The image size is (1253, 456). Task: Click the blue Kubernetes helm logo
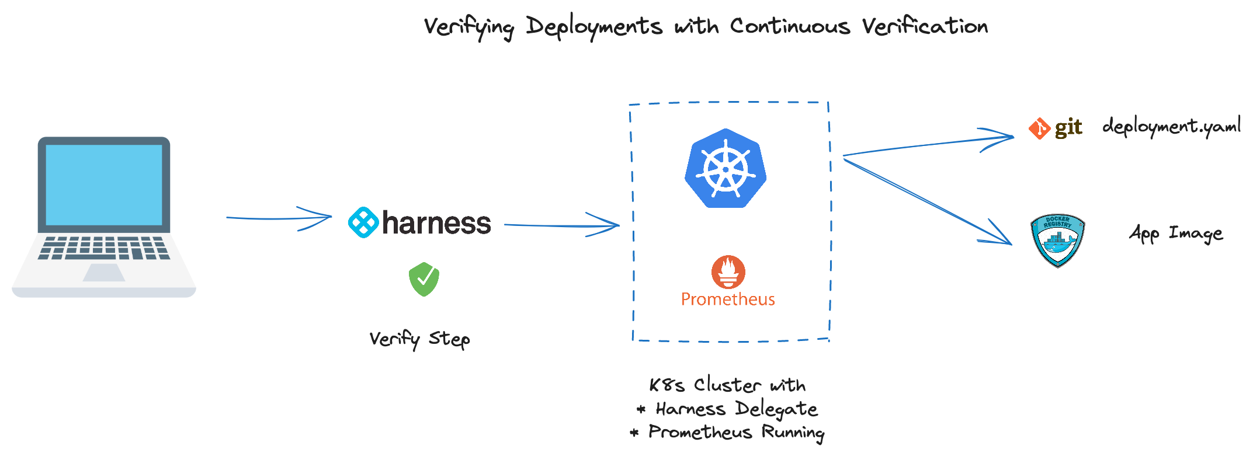(x=726, y=169)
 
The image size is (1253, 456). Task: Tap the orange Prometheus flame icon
(x=728, y=271)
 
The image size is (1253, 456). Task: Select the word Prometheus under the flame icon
(x=728, y=300)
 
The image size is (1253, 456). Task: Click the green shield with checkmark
(x=424, y=279)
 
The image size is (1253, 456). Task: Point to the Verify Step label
(x=419, y=339)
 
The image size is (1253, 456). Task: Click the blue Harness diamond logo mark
(x=363, y=222)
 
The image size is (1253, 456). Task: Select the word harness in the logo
(x=436, y=223)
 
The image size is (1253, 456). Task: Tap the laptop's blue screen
(x=104, y=185)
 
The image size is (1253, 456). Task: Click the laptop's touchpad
(x=104, y=272)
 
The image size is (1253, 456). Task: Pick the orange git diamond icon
(x=1040, y=128)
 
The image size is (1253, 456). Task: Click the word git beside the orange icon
(x=1068, y=128)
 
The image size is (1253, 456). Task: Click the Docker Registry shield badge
(x=1057, y=240)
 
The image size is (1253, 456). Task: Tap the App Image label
(x=1175, y=234)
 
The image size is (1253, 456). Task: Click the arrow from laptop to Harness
(x=279, y=218)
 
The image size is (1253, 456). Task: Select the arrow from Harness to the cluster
(x=561, y=225)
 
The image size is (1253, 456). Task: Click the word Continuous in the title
(x=790, y=26)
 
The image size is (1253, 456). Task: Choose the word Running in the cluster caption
(x=793, y=433)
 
